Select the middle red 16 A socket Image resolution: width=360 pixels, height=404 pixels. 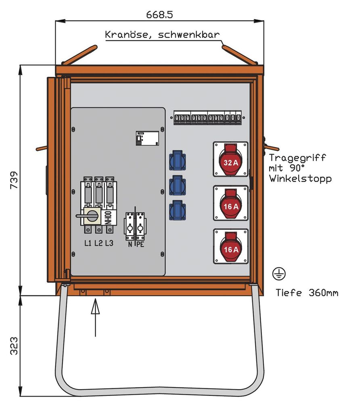point(230,203)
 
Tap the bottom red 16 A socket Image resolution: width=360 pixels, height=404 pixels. point(230,247)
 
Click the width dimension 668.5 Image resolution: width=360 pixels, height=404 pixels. point(159,15)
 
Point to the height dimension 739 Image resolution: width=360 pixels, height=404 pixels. point(13,180)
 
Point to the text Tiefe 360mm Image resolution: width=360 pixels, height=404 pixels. point(307,292)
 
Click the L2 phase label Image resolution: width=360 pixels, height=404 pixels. point(98,243)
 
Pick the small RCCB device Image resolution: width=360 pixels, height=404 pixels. point(147,139)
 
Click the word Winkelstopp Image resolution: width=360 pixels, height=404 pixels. point(301,178)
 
